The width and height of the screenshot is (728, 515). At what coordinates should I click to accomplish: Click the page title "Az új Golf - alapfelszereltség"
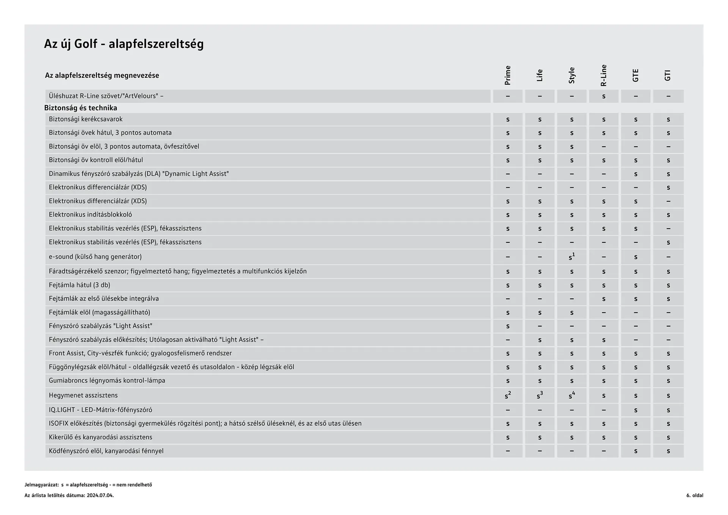click(124, 44)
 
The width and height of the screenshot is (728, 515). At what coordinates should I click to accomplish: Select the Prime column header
click(508, 75)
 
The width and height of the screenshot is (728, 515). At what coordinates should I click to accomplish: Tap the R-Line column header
click(604, 75)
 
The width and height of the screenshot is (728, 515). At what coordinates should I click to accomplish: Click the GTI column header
click(668, 75)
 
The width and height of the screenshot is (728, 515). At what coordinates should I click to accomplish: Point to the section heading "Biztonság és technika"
click(80, 108)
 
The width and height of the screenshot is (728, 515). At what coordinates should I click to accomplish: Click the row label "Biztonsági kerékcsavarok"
click(86, 119)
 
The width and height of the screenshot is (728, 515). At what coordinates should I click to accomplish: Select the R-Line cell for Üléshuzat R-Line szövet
click(604, 96)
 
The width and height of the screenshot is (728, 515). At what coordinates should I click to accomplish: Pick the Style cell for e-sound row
click(571, 257)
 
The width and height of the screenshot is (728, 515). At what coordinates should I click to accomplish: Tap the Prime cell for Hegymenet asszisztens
click(508, 396)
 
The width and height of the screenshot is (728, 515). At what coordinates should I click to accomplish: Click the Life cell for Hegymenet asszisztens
click(540, 396)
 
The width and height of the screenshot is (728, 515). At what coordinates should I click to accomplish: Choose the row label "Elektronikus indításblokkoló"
click(90, 215)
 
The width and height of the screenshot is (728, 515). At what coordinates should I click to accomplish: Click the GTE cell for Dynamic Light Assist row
click(635, 174)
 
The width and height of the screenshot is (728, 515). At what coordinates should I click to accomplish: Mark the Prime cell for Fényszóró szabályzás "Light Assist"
click(508, 326)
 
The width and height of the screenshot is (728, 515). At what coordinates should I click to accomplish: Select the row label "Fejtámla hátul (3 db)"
click(79, 285)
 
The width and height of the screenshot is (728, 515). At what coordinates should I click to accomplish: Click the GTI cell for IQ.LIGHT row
click(668, 410)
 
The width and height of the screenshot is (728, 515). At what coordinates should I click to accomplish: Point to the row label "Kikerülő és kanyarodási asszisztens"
click(100, 437)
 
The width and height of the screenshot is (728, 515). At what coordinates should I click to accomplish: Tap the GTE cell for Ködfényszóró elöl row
click(635, 451)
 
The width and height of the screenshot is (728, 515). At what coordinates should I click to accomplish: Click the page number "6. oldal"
click(694, 495)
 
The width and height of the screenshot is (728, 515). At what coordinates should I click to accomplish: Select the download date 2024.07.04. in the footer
click(100, 495)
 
